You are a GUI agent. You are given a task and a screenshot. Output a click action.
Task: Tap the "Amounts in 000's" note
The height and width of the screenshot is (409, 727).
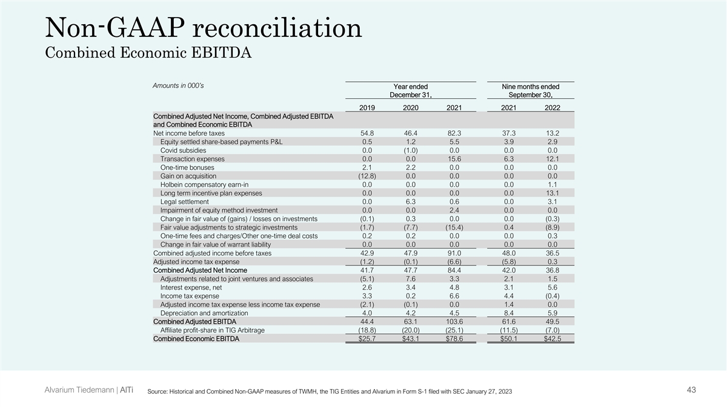178,85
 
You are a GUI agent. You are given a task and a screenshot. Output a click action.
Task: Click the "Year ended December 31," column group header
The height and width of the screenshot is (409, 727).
410,91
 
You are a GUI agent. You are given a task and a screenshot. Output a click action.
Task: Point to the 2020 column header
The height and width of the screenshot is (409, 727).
410,108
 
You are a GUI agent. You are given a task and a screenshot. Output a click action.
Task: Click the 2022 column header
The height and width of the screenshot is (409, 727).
551,108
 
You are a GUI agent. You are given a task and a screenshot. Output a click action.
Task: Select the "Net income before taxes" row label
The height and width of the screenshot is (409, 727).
189,133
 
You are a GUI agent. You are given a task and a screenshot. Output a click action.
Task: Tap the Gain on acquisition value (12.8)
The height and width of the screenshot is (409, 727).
368,176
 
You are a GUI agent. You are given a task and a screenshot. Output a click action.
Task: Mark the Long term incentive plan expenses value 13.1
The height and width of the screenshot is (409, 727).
551,193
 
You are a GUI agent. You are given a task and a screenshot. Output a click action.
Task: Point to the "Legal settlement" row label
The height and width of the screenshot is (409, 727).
184,201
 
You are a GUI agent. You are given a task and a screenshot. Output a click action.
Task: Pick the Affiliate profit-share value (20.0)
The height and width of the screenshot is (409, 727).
410,330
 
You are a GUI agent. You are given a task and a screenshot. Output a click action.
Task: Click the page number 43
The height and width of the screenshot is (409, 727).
691,390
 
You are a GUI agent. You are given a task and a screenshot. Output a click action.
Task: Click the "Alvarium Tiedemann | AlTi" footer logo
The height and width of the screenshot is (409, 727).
90,390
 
